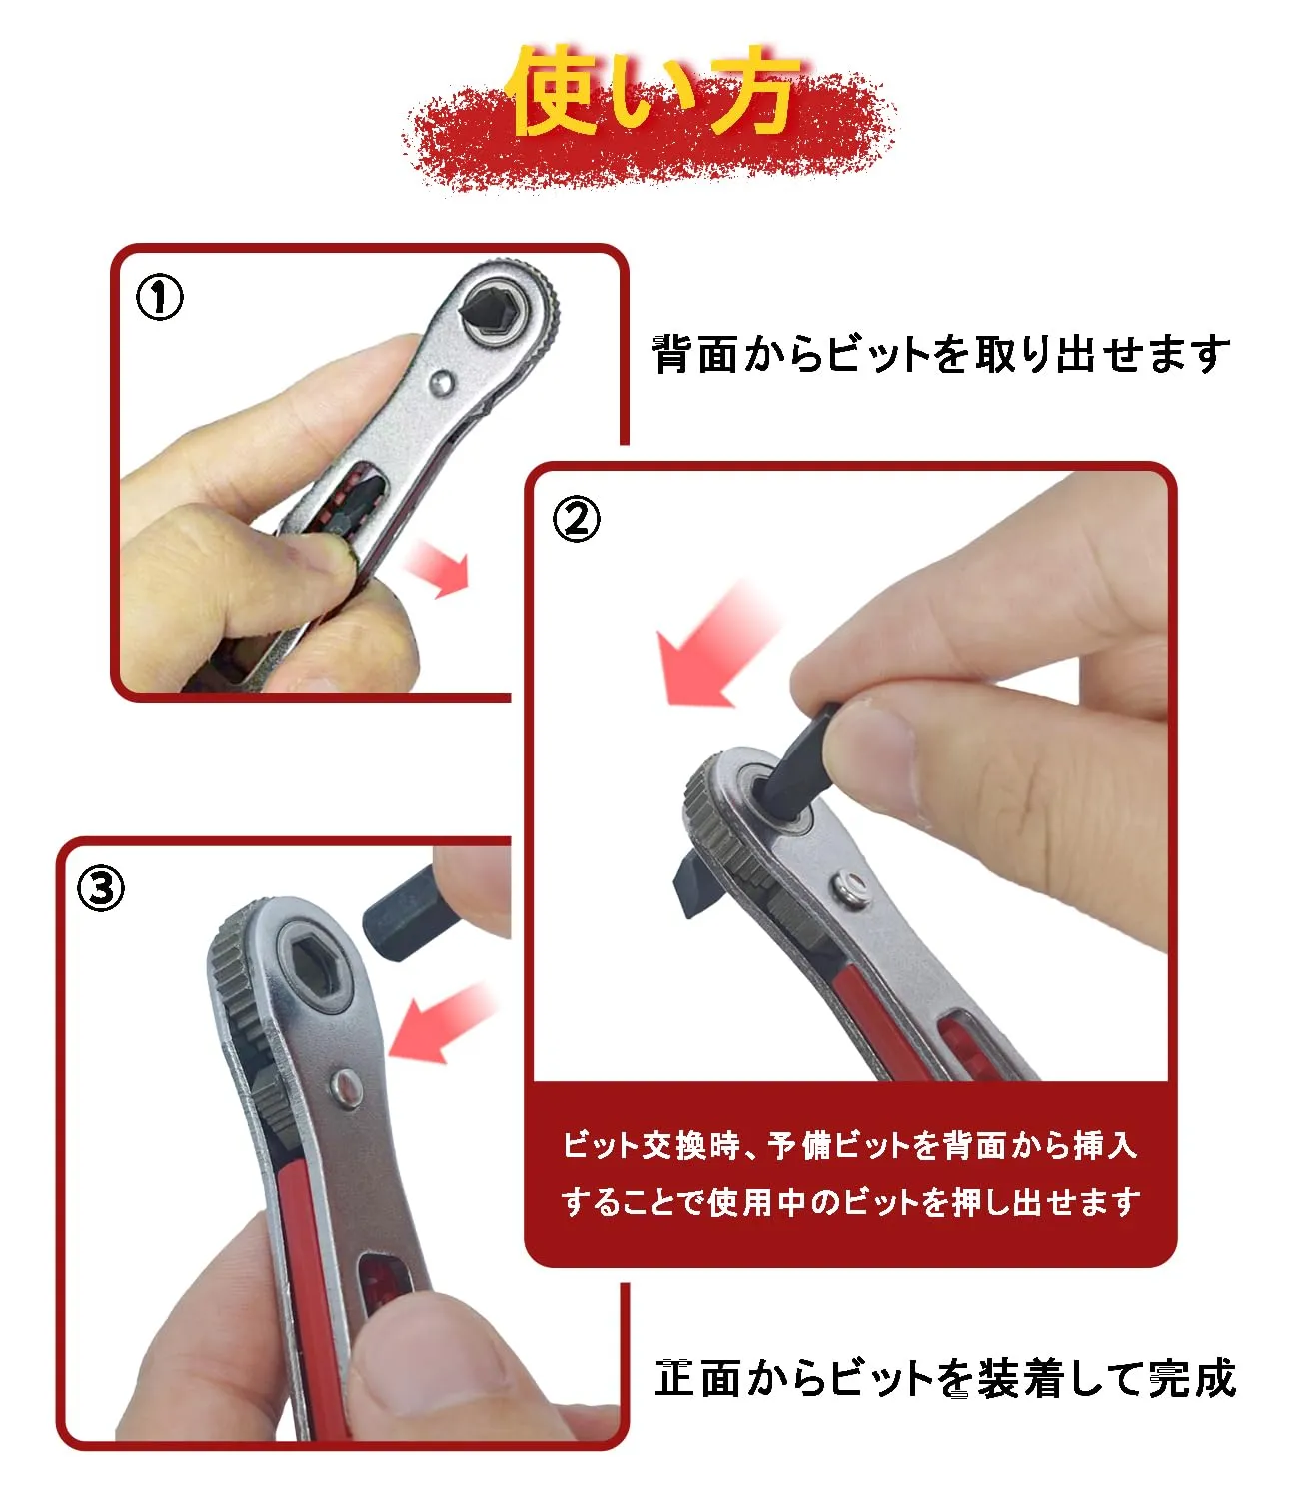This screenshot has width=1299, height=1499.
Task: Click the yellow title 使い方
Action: [x=652, y=91]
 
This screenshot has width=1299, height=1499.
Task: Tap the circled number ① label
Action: [x=160, y=297]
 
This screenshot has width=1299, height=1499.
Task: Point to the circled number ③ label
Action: [x=101, y=889]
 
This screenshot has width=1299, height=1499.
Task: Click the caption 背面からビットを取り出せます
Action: [x=941, y=355]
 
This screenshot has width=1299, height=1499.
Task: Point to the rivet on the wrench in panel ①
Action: [x=442, y=382]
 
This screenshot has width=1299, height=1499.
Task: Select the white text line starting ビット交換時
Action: [x=849, y=1145]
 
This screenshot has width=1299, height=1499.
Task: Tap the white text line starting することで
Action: [x=850, y=1201]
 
